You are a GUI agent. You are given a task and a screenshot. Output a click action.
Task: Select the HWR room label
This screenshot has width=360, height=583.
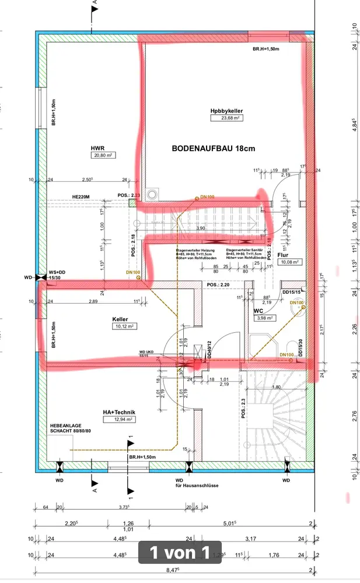coord(97,148)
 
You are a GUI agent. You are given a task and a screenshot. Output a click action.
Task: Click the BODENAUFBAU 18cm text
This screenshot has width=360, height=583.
coord(214,149)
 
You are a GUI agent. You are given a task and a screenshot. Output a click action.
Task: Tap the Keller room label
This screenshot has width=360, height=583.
coord(120,319)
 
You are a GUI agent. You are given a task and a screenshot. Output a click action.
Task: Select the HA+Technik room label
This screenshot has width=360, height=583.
coord(119,412)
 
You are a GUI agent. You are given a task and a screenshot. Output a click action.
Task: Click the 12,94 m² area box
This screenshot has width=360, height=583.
coord(119,419)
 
